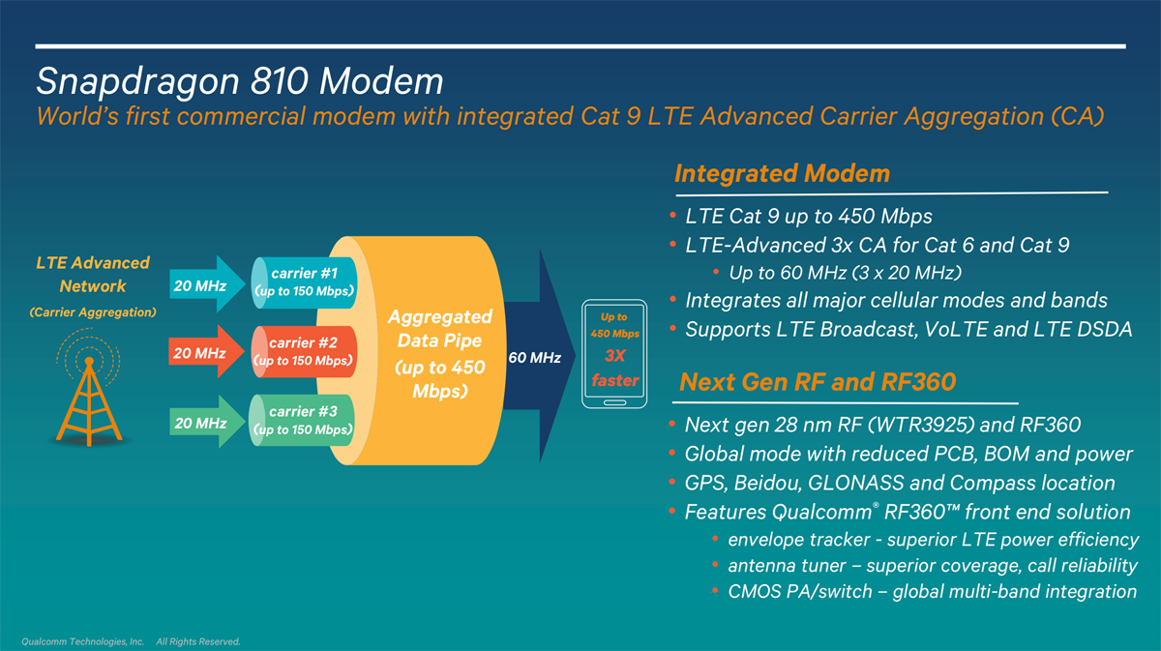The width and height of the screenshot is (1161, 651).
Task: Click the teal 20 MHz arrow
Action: coord(207,284)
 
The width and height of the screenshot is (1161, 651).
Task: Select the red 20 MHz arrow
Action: coord(206,352)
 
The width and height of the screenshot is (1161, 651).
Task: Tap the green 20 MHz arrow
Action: coord(207,422)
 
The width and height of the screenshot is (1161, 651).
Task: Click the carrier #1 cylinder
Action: coord(304,283)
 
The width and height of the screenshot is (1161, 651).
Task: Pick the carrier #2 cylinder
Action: coord(304,351)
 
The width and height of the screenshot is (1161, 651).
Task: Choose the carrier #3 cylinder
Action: coord(302,421)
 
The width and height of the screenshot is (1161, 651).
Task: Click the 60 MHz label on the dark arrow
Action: coord(534,358)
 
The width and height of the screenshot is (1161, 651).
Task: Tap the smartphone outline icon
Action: coord(614,354)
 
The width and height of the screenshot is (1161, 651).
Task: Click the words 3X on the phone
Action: coord(615,356)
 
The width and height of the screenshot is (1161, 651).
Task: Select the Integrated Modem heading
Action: coord(782,173)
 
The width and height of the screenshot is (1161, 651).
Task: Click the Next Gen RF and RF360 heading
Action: coord(818,382)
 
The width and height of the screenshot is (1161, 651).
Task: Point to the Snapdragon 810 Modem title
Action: coord(240,82)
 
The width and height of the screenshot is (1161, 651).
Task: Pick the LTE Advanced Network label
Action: coord(93,274)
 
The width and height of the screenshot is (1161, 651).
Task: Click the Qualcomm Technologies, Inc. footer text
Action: coord(83,641)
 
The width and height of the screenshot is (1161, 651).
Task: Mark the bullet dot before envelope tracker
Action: coord(715,539)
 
